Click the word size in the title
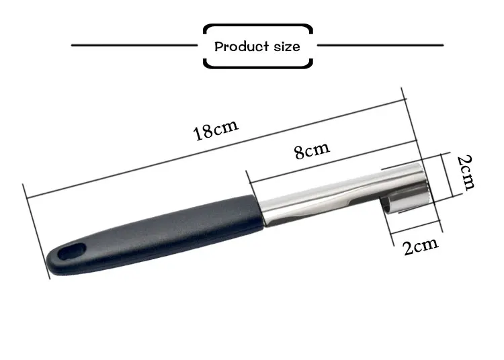point(287,47)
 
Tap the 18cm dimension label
point(216,130)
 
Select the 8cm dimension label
point(312,150)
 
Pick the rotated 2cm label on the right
point(466,173)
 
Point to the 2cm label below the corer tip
point(421,246)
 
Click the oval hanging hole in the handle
point(72,251)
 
